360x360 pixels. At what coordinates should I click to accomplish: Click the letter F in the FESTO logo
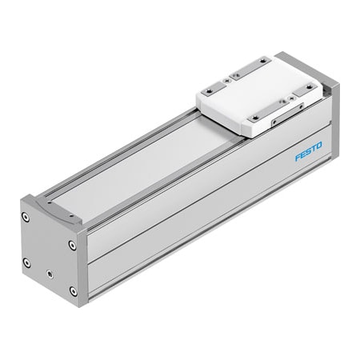coord(297,158)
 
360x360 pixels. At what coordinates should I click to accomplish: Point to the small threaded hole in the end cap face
coord(50,274)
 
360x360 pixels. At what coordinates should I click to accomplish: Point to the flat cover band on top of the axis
coord(144,168)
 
